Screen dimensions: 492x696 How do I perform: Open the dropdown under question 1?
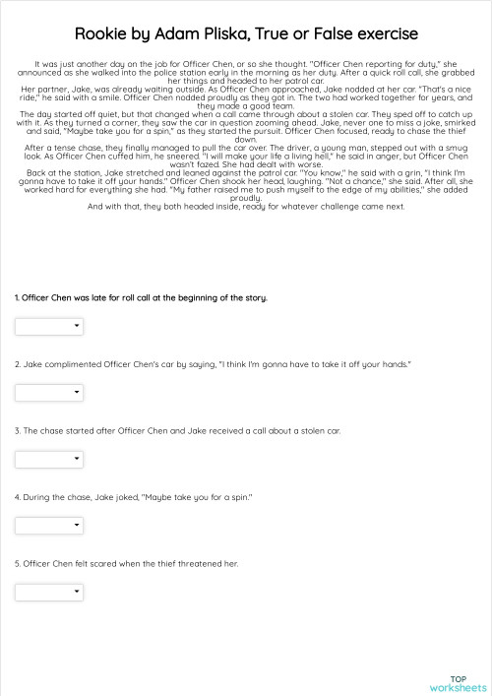click(48, 326)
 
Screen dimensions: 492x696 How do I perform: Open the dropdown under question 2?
click(48, 393)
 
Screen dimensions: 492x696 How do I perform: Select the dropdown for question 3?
click(48, 459)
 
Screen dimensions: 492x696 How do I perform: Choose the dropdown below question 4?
click(48, 525)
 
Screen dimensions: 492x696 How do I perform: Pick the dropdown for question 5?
click(48, 592)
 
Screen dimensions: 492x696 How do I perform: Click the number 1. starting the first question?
click(17, 297)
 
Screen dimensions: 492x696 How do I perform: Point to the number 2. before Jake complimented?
click(18, 364)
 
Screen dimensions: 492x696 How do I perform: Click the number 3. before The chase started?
click(18, 430)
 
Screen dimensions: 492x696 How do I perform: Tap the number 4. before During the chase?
click(18, 497)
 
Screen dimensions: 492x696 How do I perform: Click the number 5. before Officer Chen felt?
click(18, 563)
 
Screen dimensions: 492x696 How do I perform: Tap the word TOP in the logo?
click(458, 678)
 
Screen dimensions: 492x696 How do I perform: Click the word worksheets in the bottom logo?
click(458, 687)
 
